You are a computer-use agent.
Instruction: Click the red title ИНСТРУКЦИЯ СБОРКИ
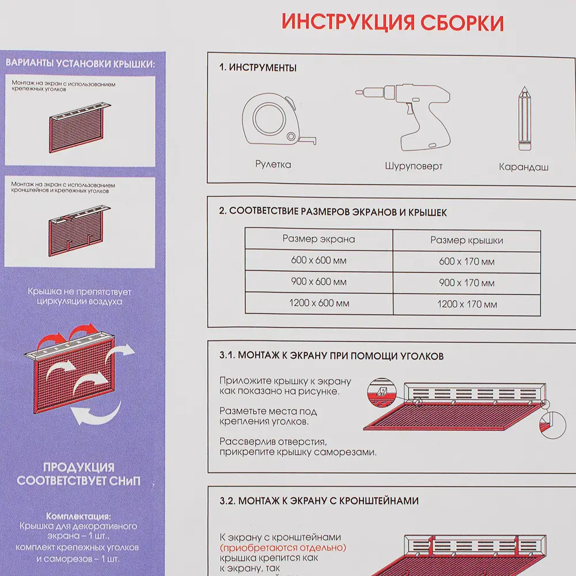click(x=392, y=22)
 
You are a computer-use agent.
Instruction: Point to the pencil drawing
click(x=524, y=119)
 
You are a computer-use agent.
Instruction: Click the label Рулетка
click(x=273, y=165)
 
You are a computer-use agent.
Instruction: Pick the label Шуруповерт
click(x=414, y=166)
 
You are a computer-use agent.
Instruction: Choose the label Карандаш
click(x=524, y=167)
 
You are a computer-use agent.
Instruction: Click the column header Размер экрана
click(x=319, y=239)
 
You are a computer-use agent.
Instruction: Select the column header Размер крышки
click(x=467, y=240)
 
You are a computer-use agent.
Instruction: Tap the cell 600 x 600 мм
click(x=319, y=260)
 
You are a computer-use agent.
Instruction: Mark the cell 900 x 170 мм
click(x=467, y=283)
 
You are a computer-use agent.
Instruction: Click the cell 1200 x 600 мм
click(x=319, y=303)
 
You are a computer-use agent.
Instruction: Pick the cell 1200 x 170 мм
click(x=467, y=304)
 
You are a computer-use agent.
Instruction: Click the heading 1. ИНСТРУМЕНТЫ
click(x=258, y=68)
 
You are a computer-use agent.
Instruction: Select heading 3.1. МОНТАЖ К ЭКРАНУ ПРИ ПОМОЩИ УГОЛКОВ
click(x=331, y=356)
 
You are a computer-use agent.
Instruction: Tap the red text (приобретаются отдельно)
click(x=286, y=547)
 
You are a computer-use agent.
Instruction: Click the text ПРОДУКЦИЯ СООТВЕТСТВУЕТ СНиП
click(x=78, y=474)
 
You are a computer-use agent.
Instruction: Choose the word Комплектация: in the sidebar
click(x=78, y=516)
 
